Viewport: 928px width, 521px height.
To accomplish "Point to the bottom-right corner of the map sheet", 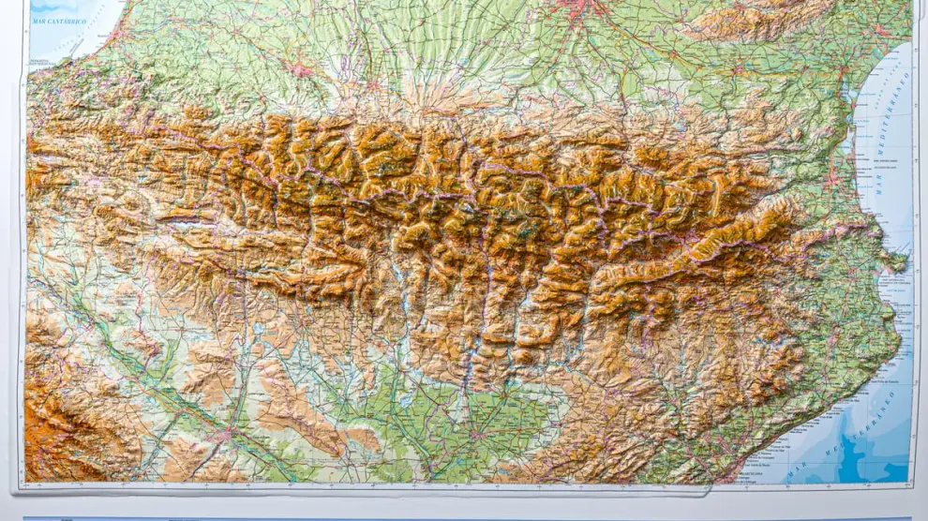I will (x=913, y=484).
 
